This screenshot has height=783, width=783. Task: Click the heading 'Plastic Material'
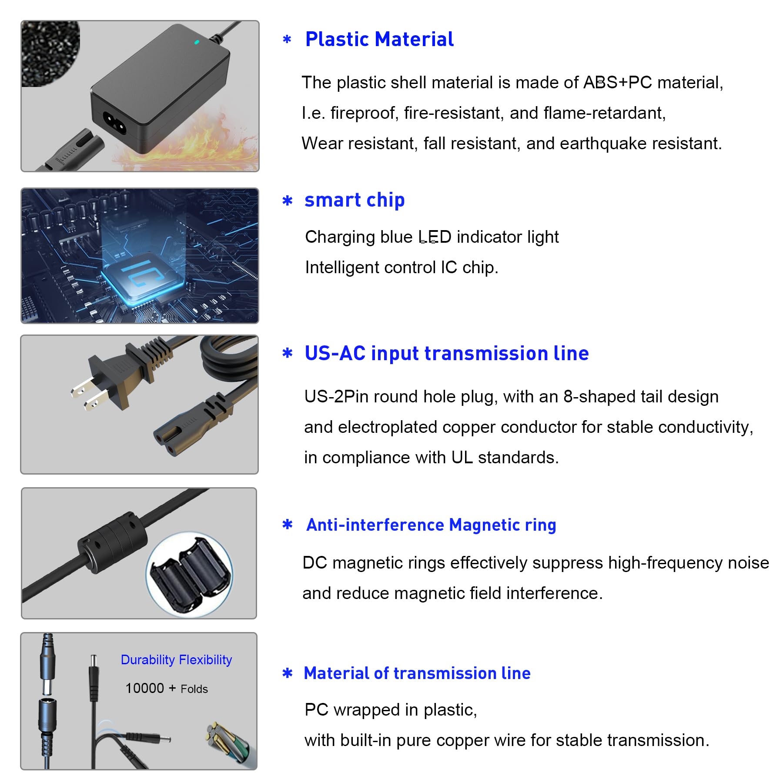pos(379,39)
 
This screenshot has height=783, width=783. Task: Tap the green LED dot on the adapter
pos(197,42)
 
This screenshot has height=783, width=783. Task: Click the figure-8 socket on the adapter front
pos(114,123)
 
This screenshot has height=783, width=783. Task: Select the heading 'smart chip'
pos(355,201)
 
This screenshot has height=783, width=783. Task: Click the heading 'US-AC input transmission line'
pos(447,353)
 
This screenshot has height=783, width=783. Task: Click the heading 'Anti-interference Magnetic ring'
pos(431,525)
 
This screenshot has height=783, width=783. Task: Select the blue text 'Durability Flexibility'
pos(176,660)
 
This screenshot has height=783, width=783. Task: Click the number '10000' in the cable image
pos(144,688)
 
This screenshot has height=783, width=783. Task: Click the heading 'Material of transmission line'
pos(417,673)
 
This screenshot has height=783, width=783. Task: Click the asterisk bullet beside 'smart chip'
pos(288,201)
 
